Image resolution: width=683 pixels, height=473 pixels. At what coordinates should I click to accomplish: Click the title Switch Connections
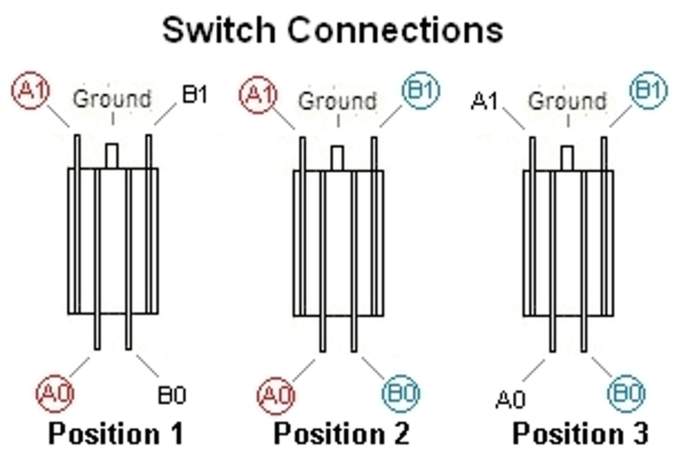(x=332, y=30)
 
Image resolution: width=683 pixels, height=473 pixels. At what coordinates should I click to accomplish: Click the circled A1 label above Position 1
(x=30, y=91)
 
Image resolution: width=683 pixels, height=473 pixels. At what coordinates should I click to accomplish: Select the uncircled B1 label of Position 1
(x=194, y=95)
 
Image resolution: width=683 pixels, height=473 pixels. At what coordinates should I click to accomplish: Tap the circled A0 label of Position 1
(x=55, y=394)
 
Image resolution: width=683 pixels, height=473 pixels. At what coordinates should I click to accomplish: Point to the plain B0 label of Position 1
(x=171, y=395)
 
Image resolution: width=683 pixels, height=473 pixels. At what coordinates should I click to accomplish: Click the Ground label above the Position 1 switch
(x=112, y=99)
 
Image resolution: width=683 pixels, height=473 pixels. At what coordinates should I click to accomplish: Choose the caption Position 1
(x=116, y=433)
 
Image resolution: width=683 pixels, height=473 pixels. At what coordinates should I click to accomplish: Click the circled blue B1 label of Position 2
(x=421, y=91)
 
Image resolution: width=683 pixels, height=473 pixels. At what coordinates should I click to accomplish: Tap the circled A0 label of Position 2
(x=276, y=396)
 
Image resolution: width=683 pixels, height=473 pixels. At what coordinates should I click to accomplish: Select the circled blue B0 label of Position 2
(x=401, y=394)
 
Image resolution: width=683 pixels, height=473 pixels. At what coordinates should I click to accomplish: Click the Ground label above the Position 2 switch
(x=337, y=101)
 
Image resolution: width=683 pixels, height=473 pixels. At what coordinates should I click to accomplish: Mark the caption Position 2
(x=341, y=433)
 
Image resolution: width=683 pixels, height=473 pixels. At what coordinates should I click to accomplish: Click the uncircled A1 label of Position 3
(x=484, y=101)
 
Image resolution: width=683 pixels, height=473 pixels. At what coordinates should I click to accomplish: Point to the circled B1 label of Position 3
(x=648, y=90)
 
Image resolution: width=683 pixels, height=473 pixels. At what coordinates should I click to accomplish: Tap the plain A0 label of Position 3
(x=510, y=399)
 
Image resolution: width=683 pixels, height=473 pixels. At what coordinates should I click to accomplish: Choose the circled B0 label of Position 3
(x=626, y=394)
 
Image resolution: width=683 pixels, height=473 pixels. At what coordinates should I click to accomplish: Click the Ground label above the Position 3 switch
(x=567, y=101)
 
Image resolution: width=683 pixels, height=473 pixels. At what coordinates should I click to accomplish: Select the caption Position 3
(x=581, y=433)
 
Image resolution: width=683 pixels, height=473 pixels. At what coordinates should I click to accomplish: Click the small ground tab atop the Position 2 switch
(x=337, y=158)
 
